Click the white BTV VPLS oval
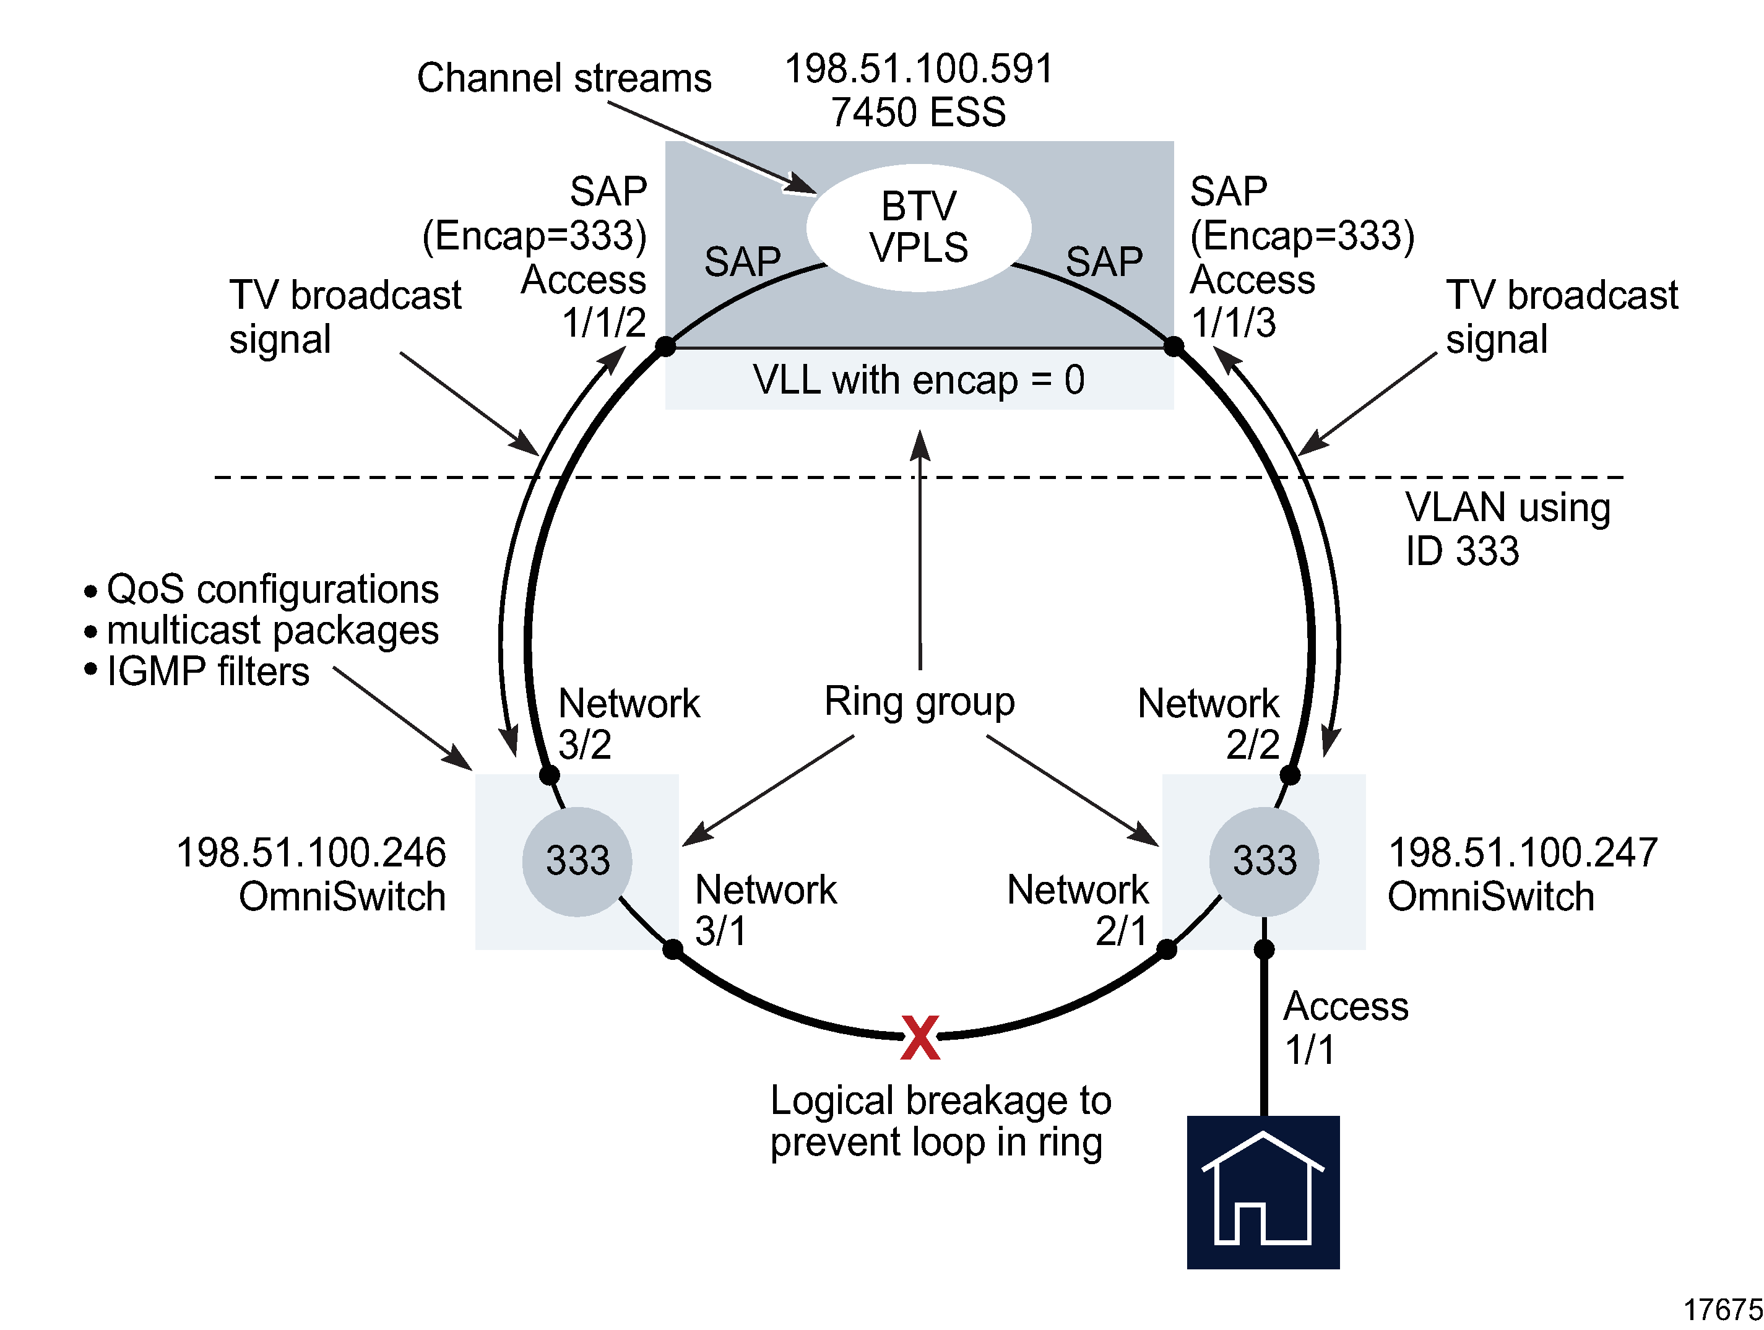[x=918, y=228]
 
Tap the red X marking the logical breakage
[x=920, y=1037]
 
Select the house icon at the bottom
[x=1263, y=1191]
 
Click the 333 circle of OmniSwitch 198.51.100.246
[x=577, y=861]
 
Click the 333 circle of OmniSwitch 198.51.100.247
[x=1263, y=861]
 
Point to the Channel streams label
[x=564, y=78]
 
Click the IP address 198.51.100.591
[x=919, y=69]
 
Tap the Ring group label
[x=919, y=702]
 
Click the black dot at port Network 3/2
[x=548, y=774]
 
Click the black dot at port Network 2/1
[x=1166, y=949]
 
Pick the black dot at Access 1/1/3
[x=1173, y=346]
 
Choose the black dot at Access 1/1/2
[x=665, y=346]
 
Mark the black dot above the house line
[x=1263, y=949]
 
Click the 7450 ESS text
[x=918, y=111]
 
